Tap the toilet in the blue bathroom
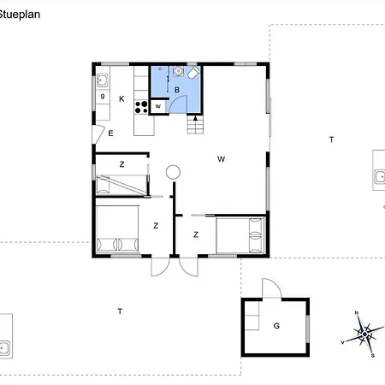(195, 75)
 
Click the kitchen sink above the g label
(102, 81)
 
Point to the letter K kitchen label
(122, 99)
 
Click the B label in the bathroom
(177, 90)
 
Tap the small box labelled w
(158, 106)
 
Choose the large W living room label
(221, 158)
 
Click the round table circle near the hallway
(174, 171)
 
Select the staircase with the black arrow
(196, 126)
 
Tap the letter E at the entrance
(110, 133)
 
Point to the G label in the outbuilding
(276, 326)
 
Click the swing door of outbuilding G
(269, 288)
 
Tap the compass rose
(365, 331)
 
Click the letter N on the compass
(357, 314)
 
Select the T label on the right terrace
(330, 139)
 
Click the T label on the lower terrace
(120, 311)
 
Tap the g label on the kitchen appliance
(102, 97)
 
